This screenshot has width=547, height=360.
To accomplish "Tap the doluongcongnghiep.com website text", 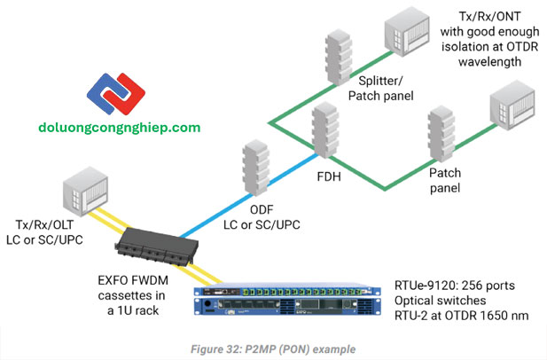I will (x=120, y=128).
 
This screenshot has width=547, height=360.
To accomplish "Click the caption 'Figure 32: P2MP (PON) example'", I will (x=273, y=348).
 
